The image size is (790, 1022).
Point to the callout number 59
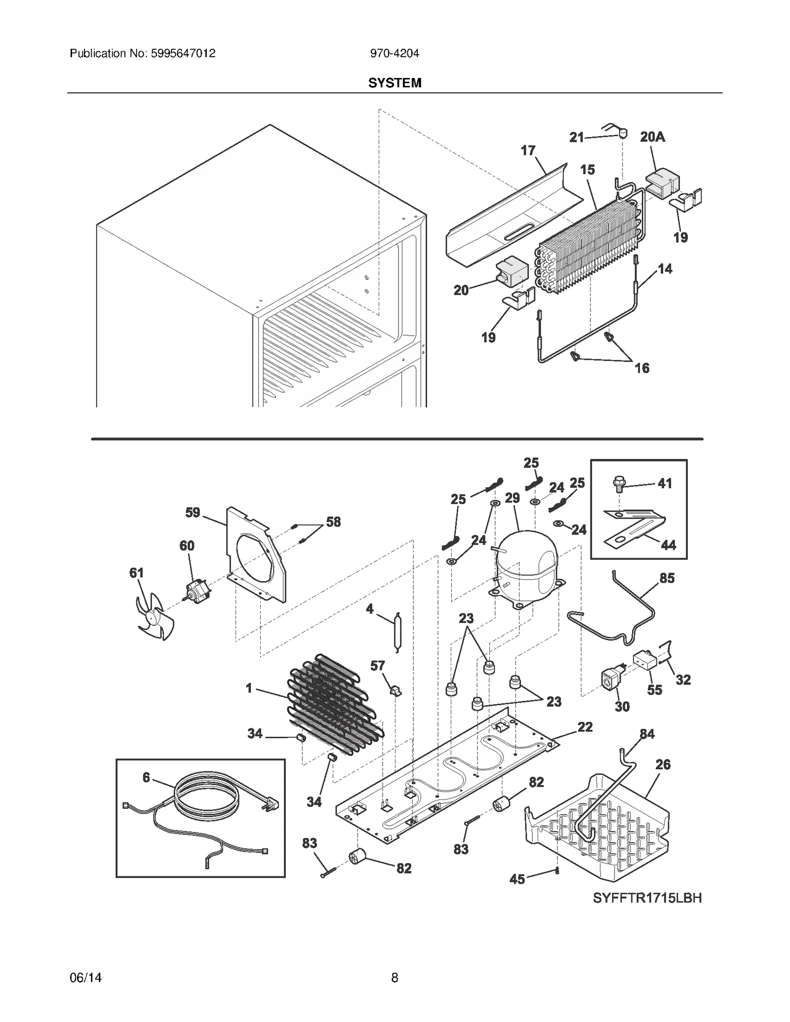(x=193, y=513)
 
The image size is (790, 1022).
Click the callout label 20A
(x=652, y=137)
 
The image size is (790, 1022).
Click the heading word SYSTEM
(x=395, y=83)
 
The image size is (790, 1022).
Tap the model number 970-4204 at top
(x=395, y=53)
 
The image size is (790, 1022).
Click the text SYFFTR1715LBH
(x=647, y=898)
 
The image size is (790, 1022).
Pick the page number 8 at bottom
(x=395, y=978)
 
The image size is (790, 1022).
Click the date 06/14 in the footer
(x=86, y=978)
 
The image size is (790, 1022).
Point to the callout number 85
(x=667, y=578)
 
